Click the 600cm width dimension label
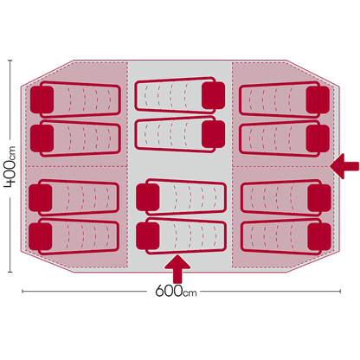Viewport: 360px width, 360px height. tap(176, 291)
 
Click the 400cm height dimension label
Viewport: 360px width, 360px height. tap(10, 167)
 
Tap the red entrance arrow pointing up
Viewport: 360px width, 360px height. tap(177, 268)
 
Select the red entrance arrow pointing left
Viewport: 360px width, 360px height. tap(344, 166)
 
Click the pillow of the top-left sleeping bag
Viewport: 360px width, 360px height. tap(42, 100)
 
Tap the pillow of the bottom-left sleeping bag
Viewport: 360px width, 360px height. tap(41, 236)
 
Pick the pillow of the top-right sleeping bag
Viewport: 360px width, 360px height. tap(318, 100)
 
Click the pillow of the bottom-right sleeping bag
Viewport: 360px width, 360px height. tap(319, 236)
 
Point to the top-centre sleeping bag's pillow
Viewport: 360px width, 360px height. tap(213, 95)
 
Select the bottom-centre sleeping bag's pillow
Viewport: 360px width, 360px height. tap(148, 236)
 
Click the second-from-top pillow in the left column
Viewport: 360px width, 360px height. tap(42, 138)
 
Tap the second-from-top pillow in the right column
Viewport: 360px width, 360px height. tap(318, 138)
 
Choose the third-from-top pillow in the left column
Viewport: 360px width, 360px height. tap(41, 197)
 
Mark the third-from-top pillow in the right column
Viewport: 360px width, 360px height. tap(319, 197)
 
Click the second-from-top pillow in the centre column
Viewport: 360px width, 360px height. tap(213, 134)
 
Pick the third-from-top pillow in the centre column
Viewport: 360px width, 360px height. tap(148, 197)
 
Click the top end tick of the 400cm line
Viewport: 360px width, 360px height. tap(10, 61)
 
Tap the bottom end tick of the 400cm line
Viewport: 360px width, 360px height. tap(10, 272)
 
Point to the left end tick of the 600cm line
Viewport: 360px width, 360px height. tap(22, 292)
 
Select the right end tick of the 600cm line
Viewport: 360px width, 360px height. tap(340, 292)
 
